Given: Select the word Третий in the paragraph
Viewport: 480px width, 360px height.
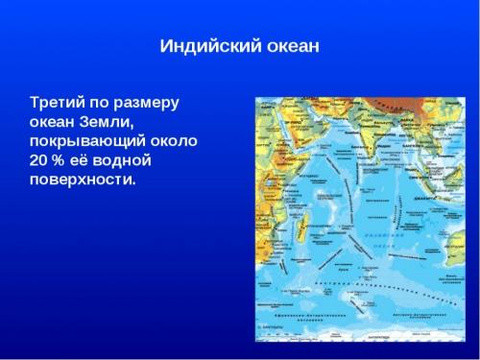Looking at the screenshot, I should [59, 101].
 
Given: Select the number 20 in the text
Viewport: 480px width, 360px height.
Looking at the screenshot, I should [39, 159].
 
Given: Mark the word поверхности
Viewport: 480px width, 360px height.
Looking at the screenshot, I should [83, 180].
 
